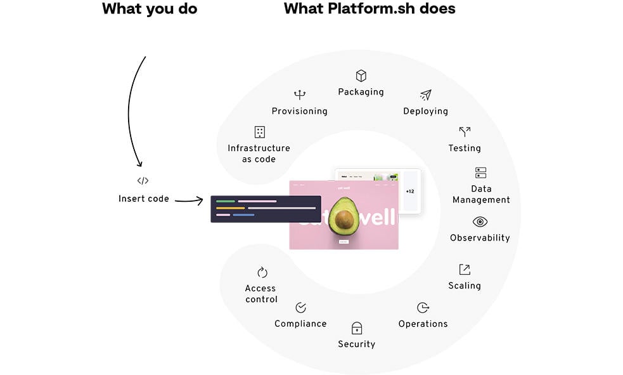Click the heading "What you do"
tap(150, 9)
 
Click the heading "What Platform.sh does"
tap(369, 9)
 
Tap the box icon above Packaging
tap(361, 76)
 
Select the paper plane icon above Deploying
tap(426, 95)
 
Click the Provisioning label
tap(300, 111)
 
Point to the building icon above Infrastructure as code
tap(259, 132)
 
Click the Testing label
tap(465, 148)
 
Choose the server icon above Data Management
tap(481, 173)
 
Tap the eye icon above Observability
tap(480, 221)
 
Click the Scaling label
tap(465, 286)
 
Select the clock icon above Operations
tap(423, 308)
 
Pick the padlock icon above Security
tap(357, 328)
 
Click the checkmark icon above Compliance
tap(301, 308)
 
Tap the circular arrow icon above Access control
tap(262, 272)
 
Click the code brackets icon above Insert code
tap(143, 181)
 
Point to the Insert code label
tap(144, 199)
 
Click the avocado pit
tap(345, 220)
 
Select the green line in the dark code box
tap(225, 201)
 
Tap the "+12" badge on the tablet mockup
tap(410, 191)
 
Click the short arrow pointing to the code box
tap(189, 201)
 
